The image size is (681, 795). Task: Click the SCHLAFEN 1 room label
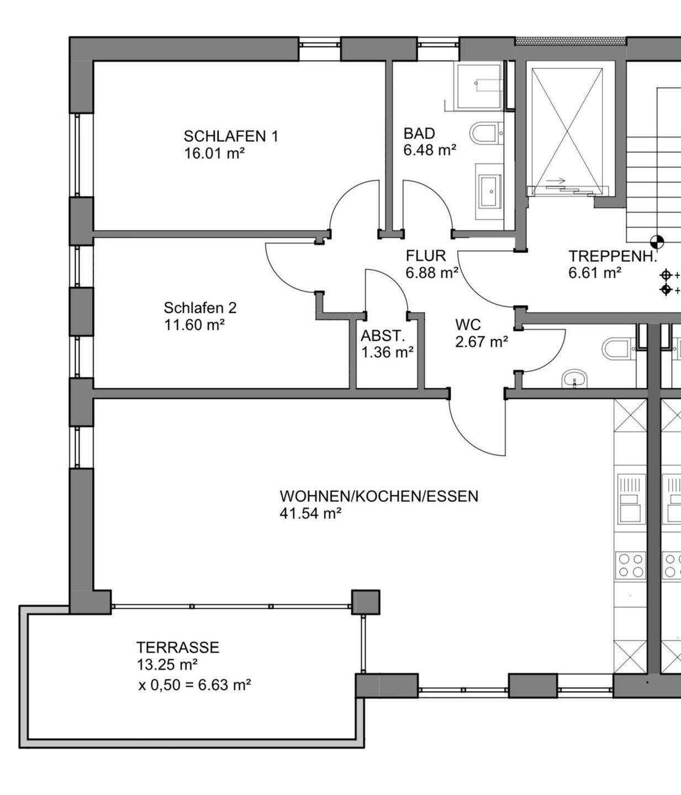[231, 136]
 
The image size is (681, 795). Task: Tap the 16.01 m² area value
[215, 153]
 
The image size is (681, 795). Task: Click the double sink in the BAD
[490, 192]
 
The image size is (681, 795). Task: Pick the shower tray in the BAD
[479, 86]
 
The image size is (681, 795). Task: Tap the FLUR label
[425, 256]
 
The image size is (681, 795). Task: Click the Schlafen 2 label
[200, 308]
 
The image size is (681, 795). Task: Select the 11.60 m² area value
[194, 325]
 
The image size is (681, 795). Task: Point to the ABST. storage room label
[383, 336]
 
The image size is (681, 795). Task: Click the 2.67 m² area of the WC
[482, 341]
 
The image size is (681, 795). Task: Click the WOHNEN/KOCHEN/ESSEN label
[379, 496]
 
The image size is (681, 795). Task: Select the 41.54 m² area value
[311, 513]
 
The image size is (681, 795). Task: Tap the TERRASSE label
[178, 647]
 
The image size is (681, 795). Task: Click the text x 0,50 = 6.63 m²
[194, 685]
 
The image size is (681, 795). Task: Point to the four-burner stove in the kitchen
[630, 565]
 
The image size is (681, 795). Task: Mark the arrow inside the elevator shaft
[557, 181]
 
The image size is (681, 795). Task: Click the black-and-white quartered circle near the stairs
[657, 242]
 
